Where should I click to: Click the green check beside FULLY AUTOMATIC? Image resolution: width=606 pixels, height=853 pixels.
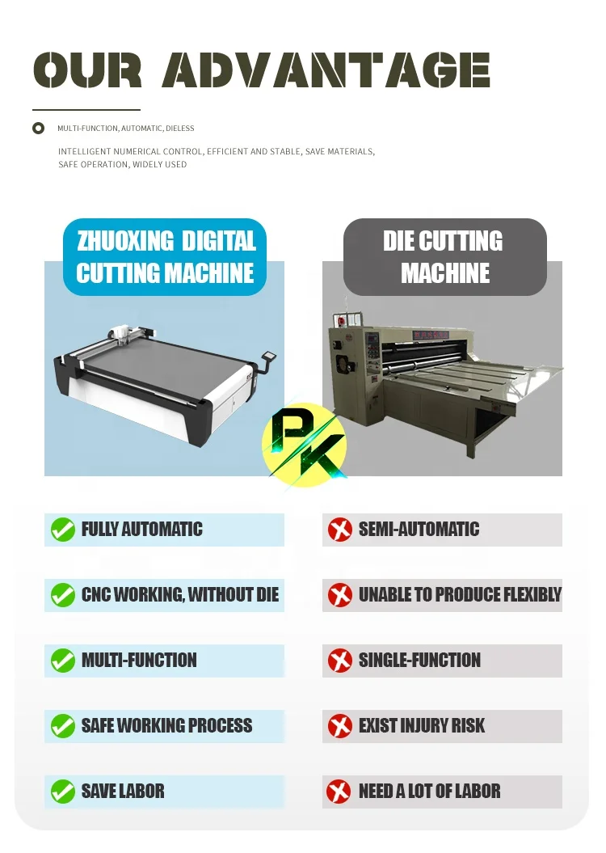coord(62,530)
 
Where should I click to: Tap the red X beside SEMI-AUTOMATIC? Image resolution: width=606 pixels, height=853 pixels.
coord(339,530)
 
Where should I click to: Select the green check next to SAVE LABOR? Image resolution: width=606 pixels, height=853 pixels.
coord(62,791)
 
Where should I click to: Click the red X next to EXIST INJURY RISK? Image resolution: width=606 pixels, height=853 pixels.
coord(339,725)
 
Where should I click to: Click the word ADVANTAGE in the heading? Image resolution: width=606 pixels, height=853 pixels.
coord(326,71)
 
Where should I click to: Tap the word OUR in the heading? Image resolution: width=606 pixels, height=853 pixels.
coord(87,71)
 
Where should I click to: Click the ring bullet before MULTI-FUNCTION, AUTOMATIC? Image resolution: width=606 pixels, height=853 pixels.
coord(38,128)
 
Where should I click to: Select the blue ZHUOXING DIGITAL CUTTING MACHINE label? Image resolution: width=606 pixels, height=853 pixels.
coord(165,257)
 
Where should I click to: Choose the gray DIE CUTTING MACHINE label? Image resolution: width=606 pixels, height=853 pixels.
coord(445,257)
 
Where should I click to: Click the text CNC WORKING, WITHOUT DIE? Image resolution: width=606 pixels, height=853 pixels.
coord(179,595)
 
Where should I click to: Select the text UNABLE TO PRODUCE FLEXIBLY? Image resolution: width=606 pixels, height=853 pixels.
coord(459,595)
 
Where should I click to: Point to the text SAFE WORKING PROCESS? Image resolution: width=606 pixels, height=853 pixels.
coord(166,725)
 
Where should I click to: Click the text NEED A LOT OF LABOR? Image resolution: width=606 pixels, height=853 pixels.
coord(429,791)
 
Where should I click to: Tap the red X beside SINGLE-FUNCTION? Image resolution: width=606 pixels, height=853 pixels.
coord(339,661)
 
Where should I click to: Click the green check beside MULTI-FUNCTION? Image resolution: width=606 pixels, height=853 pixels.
coord(62,661)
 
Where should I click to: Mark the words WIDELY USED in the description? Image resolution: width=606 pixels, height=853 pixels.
coord(159,164)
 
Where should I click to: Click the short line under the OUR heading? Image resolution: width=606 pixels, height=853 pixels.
coord(86,109)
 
